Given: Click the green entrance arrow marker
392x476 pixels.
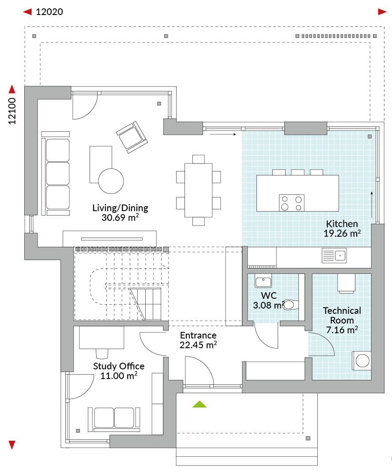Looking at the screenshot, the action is click(199, 404).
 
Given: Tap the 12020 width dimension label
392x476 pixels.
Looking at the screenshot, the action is click(49, 12).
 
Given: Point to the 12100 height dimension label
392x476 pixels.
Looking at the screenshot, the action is click(12, 111).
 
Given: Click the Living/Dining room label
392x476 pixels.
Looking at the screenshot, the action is click(120, 208).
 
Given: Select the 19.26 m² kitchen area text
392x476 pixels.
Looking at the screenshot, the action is click(342, 234).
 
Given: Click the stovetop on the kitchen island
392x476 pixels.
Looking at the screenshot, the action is click(292, 203).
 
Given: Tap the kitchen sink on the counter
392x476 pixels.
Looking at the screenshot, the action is click(334, 256).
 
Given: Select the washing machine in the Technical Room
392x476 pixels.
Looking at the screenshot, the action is click(362, 361).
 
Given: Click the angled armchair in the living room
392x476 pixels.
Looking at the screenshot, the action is click(132, 137).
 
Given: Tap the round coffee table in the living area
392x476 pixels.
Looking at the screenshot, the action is click(111, 181).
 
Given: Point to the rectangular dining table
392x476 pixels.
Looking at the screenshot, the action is click(198, 190).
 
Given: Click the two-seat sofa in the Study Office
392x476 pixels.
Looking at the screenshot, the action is click(114, 420).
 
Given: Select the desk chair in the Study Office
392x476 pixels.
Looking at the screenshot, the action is click(102, 353).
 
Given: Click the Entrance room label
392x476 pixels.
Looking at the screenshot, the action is click(198, 335).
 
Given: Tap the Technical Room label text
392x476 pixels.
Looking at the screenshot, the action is click(342, 316).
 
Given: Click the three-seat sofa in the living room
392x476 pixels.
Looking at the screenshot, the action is click(55, 174).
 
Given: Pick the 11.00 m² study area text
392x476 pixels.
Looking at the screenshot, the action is click(119, 376).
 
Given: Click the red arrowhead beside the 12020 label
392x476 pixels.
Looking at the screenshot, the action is click(28, 12).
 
